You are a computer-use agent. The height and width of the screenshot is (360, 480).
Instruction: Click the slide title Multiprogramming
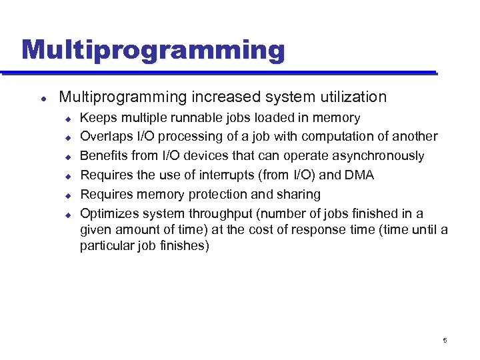(x=153, y=49)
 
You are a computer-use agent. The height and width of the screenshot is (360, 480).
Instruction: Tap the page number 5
(x=445, y=341)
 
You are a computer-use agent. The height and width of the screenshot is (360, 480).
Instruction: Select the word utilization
(x=351, y=97)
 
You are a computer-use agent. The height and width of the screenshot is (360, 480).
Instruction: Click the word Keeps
(x=97, y=118)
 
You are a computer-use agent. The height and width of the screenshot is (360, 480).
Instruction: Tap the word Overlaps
(x=107, y=137)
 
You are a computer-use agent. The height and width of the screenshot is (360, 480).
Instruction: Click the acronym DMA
(x=359, y=175)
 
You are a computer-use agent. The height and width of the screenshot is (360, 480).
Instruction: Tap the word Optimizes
(x=109, y=213)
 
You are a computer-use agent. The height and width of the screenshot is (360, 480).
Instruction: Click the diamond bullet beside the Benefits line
(x=67, y=157)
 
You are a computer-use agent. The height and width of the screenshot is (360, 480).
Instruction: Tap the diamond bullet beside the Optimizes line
(x=67, y=214)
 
